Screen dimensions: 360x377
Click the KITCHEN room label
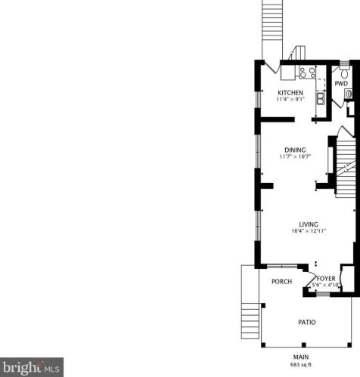(x=290, y=92)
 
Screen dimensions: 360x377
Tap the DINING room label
(x=295, y=150)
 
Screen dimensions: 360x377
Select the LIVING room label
(x=309, y=224)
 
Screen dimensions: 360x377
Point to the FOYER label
(x=326, y=279)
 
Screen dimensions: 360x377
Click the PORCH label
(x=281, y=281)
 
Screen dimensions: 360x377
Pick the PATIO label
(x=307, y=322)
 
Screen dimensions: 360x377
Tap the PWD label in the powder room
(x=341, y=83)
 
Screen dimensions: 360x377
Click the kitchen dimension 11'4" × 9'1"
(x=290, y=99)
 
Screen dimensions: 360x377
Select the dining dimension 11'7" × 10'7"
(x=295, y=156)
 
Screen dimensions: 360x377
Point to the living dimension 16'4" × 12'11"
(x=309, y=230)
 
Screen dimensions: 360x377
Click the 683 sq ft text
(x=301, y=364)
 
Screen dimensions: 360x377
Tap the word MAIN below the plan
(x=301, y=357)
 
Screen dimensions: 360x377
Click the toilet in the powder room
(x=344, y=72)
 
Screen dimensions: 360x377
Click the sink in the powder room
(x=349, y=94)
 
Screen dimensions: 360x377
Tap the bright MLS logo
(x=32, y=367)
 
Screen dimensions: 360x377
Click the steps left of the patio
(x=250, y=321)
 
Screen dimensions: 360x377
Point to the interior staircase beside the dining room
(x=346, y=168)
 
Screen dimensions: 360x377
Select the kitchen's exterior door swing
(x=271, y=66)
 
